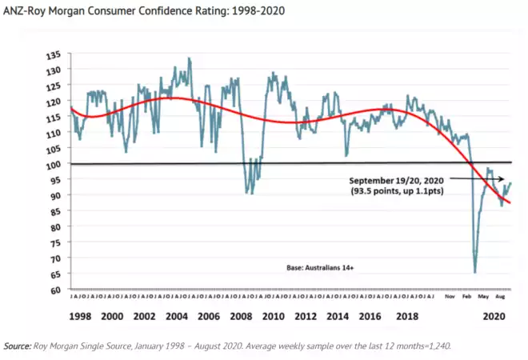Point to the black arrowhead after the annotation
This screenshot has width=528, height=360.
[502, 179]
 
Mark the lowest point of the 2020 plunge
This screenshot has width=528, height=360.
[475, 272]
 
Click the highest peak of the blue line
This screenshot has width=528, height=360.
[190, 58]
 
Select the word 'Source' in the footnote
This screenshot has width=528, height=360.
[16, 346]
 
